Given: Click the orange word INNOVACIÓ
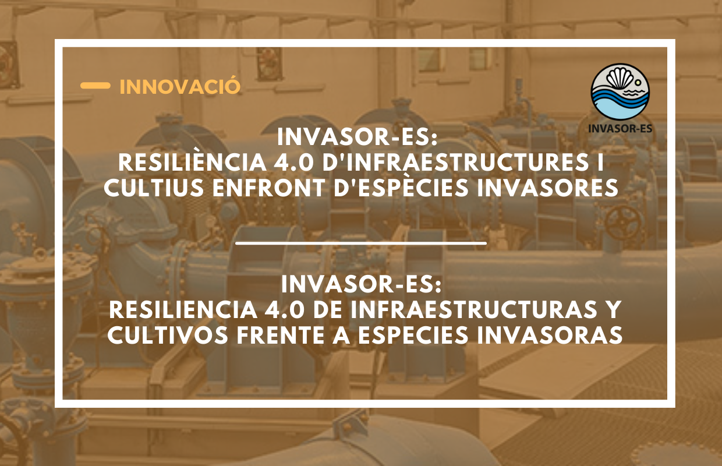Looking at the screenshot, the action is coord(180,86).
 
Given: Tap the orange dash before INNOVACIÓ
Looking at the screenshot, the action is coord(95,86).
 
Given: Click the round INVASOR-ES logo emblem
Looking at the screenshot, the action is coord(620,92).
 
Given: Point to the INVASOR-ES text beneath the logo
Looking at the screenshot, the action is coord(620,128).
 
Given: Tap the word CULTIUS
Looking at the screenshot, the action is coord(154,188).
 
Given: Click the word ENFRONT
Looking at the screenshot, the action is coord(268,188).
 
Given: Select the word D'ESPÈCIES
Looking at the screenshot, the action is coord(401,187).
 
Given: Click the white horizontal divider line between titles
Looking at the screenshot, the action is coord(361,243).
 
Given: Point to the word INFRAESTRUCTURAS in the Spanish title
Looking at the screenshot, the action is coord(474,309).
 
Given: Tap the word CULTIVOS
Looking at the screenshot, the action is coord(168,335).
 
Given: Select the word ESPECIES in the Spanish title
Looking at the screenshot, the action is coord(413,335).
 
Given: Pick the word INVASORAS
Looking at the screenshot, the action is coord(550,335).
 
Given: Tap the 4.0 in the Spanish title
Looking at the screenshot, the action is coord(285,309).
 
